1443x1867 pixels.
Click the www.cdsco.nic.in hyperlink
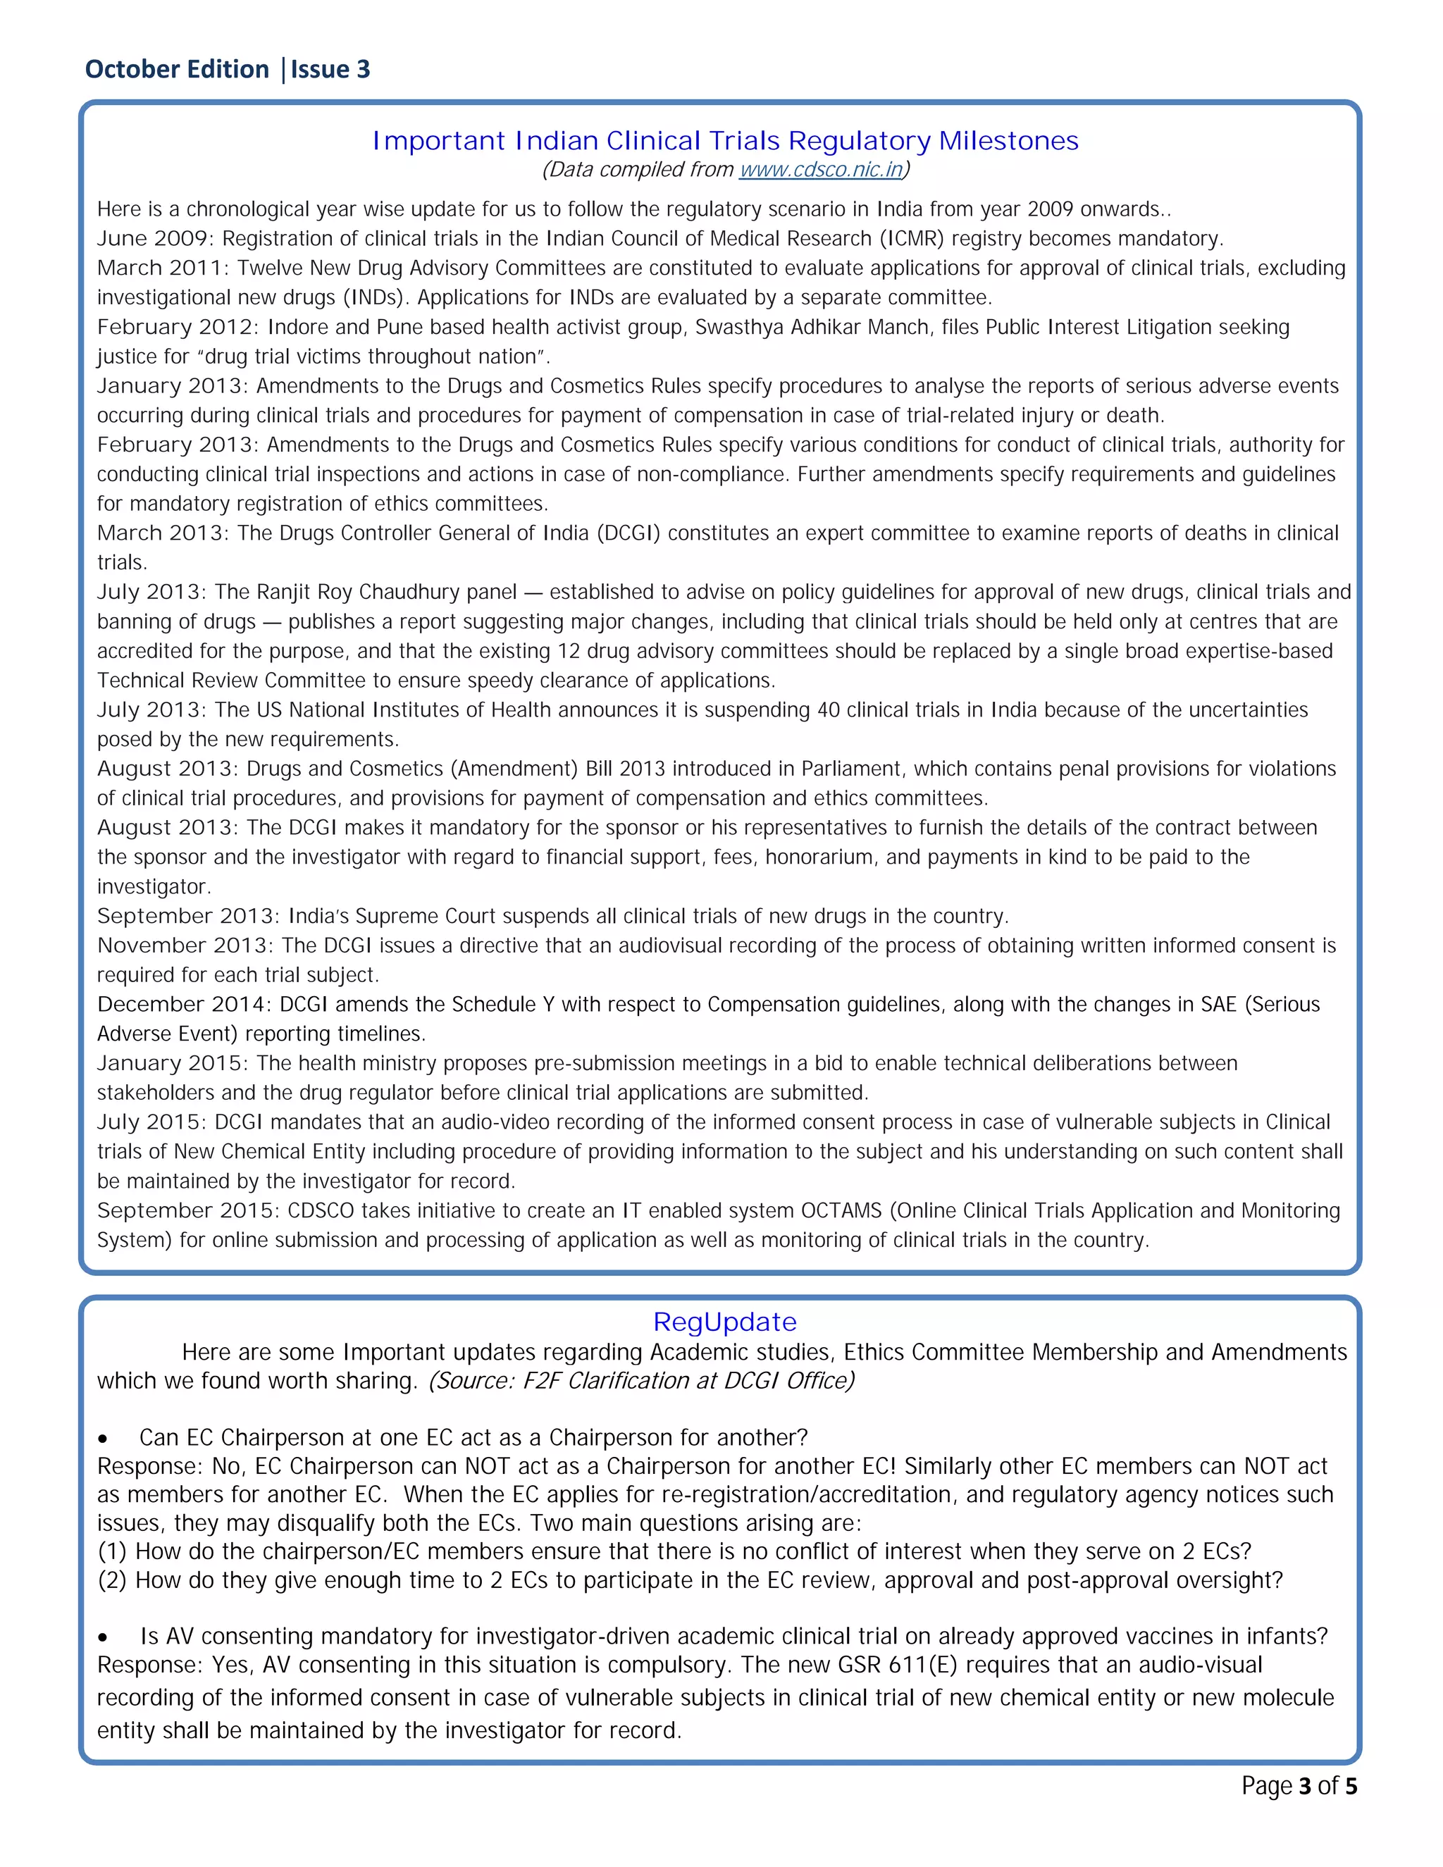(x=821, y=169)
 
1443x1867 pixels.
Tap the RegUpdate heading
(x=724, y=1322)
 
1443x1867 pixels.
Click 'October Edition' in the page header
(x=177, y=69)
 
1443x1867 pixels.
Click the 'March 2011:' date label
(x=163, y=268)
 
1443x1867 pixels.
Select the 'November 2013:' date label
(x=185, y=945)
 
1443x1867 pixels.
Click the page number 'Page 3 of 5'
(x=1299, y=1786)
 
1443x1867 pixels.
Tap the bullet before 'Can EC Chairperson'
(x=103, y=1439)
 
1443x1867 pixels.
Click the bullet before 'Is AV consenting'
(x=103, y=1638)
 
